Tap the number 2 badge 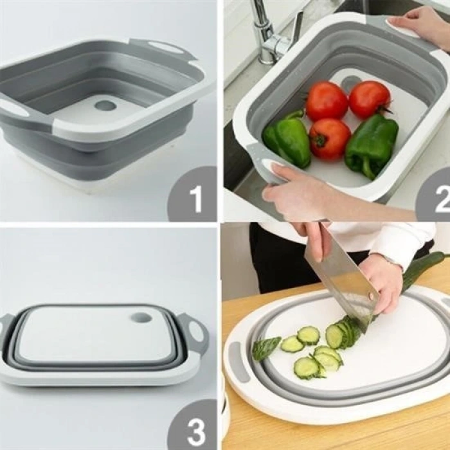(442, 199)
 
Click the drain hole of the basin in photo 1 (105, 105)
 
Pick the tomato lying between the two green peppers (329, 138)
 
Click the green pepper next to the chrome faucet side (287, 138)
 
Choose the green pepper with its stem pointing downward (372, 145)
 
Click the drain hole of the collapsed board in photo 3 (141, 318)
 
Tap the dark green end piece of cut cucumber (265, 348)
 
